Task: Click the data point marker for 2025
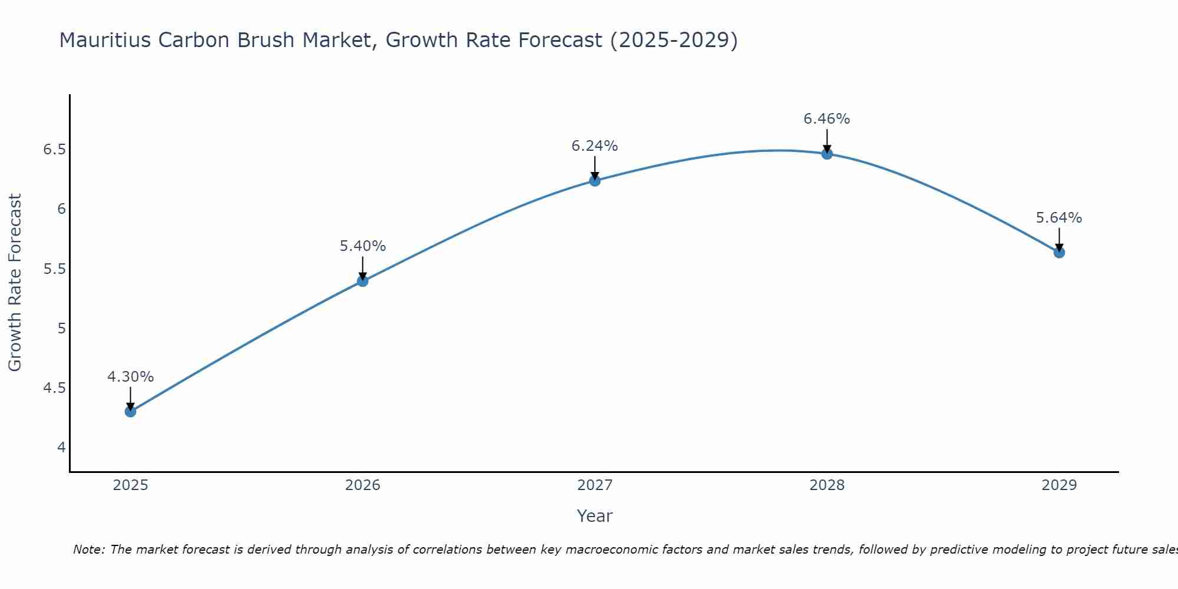click(130, 411)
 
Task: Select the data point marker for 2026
click(362, 281)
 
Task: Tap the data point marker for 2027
click(595, 181)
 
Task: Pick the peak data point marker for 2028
click(827, 154)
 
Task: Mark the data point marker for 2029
click(1059, 253)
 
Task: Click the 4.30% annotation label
click(130, 376)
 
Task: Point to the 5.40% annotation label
click(362, 246)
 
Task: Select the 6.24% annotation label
click(595, 146)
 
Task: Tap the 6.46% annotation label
click(827, 119)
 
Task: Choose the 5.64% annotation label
click(1059, 218)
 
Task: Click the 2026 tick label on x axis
click(362, 485)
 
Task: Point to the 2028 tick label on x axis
click(827, 485)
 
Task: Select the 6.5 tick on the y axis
click(54, 150)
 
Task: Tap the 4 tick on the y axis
click(61, 448)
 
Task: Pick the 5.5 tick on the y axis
click(54, 269)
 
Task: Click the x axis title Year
click(595, 516)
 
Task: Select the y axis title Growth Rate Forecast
click(15, 283)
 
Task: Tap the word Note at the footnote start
click(88, 550)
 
